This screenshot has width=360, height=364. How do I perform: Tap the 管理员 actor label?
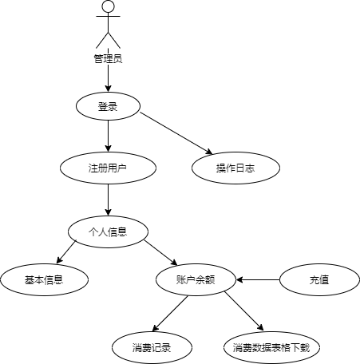pyautogui.click(x=108, y=58)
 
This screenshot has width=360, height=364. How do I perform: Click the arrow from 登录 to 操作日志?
pyautogui.click(x=176, y=133)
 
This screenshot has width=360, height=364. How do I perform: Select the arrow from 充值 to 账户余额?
pyautogui.click(x=258, y=279)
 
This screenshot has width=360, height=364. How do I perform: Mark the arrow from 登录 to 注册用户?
pyautogui.click(x=108, y=136)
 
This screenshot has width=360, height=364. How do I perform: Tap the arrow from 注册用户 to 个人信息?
pyautogui.click(x=108, y=200)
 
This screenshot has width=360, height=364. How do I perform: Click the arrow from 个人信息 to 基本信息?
pyautogui.click(x=66, y=252)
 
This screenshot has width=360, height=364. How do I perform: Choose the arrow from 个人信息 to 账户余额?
pyautogui.click(x=160, y=253)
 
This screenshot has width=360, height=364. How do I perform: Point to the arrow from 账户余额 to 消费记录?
pyautogui.click(x=170, y=314)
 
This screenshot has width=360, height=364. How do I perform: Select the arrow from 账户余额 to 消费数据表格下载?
pyautogui.click(x=244, y=311)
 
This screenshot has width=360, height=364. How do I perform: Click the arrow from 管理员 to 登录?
pyautogui.click(x=108, y=78)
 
